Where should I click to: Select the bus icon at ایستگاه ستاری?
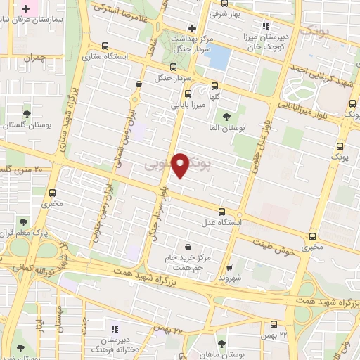point(105,47)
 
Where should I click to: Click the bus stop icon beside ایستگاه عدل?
point(222,211)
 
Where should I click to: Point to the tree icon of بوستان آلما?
point(226,117)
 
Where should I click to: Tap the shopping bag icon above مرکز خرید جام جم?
point(188,247)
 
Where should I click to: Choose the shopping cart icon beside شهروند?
point(230,267)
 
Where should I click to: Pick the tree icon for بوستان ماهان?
point(221,344)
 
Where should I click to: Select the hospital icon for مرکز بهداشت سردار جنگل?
point(191,27)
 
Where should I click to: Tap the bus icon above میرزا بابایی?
point(188,94)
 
